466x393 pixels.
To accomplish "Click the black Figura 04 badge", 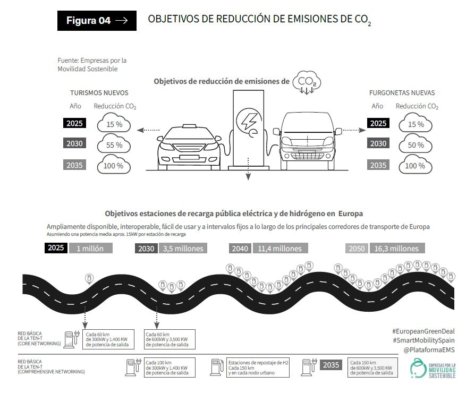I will (97, 21).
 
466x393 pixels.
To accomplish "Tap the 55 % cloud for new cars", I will (114, 144).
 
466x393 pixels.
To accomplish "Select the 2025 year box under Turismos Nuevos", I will (75, 123).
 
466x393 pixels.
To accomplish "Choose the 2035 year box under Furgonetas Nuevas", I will (378, 165).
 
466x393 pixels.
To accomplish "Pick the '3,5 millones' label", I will (181, 249).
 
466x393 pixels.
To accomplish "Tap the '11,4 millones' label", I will (279, 249).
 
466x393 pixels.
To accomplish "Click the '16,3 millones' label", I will (396, 249).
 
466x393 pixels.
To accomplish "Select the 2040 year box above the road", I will (240, 249).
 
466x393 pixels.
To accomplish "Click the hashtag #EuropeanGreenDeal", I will (423, 331).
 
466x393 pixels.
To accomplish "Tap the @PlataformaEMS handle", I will (429, 350).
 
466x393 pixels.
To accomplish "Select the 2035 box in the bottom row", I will (331, 365).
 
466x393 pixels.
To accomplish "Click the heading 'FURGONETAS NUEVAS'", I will (402, 93).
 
